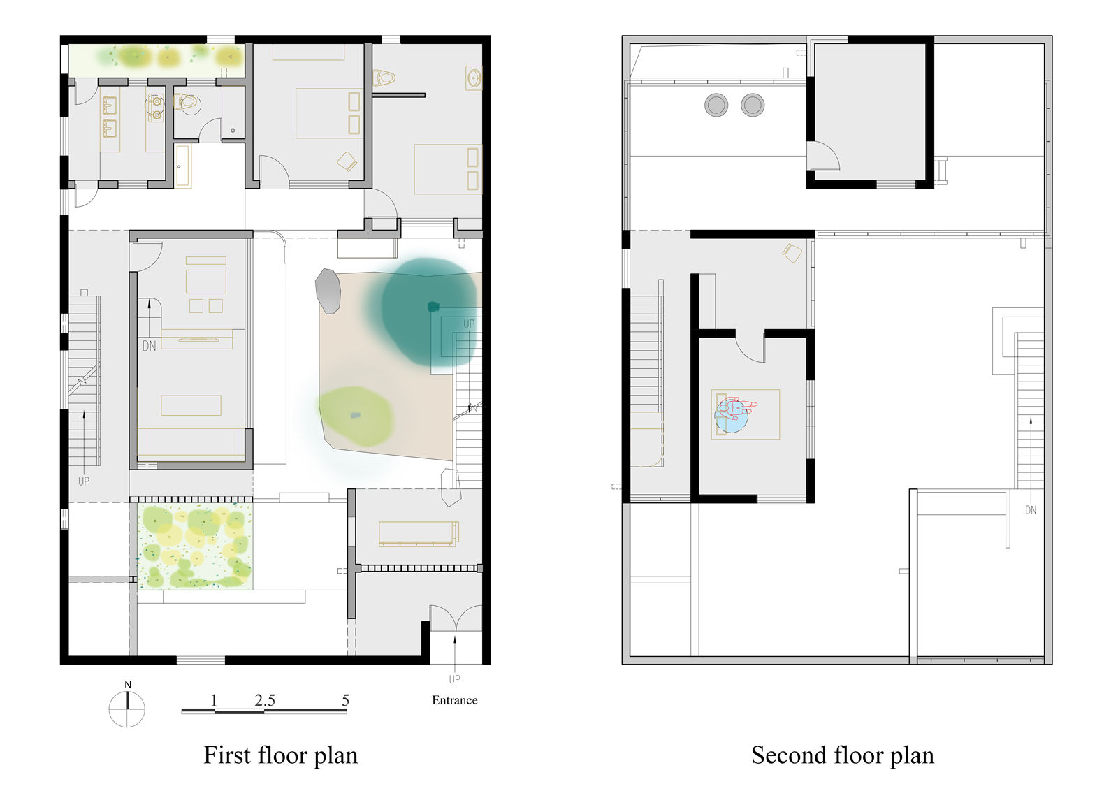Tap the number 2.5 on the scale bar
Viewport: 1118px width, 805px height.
pyautogui.click(x=265, y=699)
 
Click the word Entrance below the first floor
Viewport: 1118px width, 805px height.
pyautogui.click(x=455, y=700)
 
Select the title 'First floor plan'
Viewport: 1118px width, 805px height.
pyautogui.click(x=280, y=755)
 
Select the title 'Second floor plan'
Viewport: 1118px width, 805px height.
pyautogui.click(x=843, y=755)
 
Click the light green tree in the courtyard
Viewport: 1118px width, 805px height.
pyautogui.click(x=356, y=416)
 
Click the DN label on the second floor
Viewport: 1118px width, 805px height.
pyautogui.click(x=1031, y=510)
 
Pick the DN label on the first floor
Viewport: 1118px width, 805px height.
pyautogui.click(x=150, y=346)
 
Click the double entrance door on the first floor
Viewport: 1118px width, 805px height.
pyautogui.click(x=456, y=618)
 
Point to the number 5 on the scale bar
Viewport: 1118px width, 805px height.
pyautogui.click(x=345, y=699)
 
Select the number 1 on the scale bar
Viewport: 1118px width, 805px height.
pyautogui.click(x=214, y=699)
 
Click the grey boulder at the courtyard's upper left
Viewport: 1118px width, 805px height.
pyautogui.click(x=328, y=291)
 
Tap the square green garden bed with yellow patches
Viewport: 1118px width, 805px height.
pyautogui.click(x=195, y=546)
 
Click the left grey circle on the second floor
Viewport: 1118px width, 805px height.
pyautogui.click(x=716, y=106)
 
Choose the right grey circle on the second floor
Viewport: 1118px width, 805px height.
pyautogui.click(x=753, y=105)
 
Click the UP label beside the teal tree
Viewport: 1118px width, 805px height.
pyautogui.click(x=469, y=324)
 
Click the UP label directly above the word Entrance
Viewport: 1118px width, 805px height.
pyautogui.click(x=454, y=679)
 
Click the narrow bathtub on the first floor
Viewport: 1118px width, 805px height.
pyautogui.click(x=183, y=166)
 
